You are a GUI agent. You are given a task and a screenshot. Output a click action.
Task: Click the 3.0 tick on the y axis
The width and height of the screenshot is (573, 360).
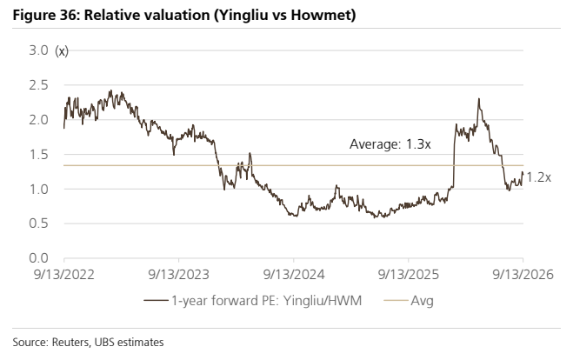tap(38, 50)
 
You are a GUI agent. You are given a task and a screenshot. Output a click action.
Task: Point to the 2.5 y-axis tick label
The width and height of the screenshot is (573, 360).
tap(38, 85)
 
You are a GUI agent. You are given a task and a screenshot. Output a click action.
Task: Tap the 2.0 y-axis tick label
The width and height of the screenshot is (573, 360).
tap(38, 119)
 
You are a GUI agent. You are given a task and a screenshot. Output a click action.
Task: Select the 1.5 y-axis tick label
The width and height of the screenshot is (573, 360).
tap(38, 154)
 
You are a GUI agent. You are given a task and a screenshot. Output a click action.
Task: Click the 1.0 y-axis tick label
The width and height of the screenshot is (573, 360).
tap(38, 189)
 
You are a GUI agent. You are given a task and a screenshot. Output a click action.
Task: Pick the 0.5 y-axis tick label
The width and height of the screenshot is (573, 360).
tap(38, 223)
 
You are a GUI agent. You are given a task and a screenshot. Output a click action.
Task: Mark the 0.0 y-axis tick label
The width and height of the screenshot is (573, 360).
tap(38, 258)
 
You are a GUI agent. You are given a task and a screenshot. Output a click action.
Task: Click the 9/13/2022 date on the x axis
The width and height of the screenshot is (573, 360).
tap(64, 275)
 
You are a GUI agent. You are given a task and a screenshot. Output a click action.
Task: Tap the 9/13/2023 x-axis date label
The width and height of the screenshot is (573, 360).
tap(179, 275)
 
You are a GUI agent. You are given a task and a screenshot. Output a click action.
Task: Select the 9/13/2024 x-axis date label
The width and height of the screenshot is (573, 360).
tap(294, 275)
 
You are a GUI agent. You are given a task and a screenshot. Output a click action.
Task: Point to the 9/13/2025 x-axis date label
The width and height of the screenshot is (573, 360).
tap(409, 275)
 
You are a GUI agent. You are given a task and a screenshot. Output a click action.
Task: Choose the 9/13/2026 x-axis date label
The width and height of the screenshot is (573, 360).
tap(523, 275)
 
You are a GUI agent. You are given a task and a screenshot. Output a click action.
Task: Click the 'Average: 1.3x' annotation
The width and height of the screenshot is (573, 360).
tap(390, 144)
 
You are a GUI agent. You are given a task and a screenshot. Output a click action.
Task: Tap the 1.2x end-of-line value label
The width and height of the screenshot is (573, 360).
tap(538, 177)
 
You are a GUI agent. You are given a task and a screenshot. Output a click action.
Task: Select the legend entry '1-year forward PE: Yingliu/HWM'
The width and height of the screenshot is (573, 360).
tap(252, 301)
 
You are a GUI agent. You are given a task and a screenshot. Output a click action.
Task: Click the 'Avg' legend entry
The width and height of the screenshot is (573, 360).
tap(409, 301)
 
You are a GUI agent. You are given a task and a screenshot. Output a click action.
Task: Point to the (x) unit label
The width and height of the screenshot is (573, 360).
tap(62, 51)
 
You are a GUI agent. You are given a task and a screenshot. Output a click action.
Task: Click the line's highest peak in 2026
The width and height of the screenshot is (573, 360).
tap(479, 98)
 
